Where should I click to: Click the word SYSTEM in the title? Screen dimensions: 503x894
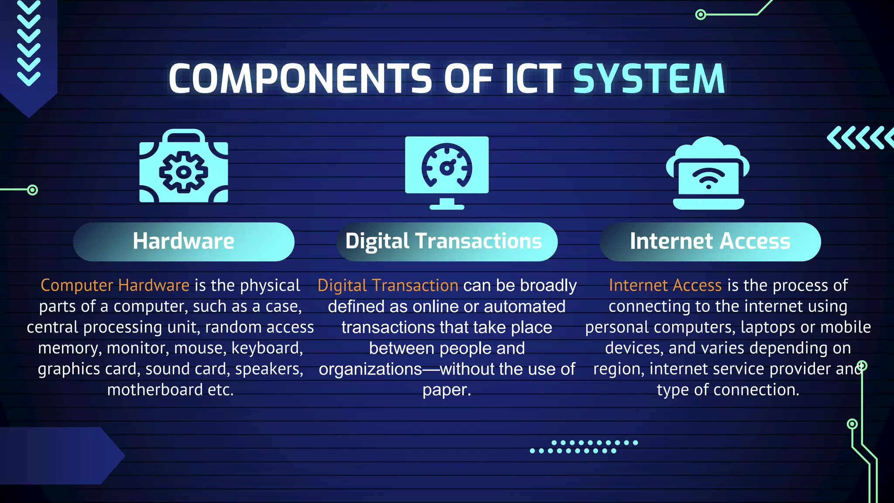[649, 79]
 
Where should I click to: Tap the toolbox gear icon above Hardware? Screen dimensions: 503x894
[184, 166]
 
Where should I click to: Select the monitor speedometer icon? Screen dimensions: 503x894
[447, 172]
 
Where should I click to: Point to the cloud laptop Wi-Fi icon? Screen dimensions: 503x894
[708, 173]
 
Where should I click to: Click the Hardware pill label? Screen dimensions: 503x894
[184, 241]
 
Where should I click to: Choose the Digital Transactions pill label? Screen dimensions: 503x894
[444, 241]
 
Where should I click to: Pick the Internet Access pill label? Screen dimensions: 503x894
[710, 241]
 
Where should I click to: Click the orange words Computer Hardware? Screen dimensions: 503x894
[115, 286]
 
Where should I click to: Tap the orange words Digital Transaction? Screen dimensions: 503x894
[388, 286]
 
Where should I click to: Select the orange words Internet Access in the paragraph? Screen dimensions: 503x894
[665, 286]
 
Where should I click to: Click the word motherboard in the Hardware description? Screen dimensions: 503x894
[155, 390]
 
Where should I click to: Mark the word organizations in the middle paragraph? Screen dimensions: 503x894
[370, 369]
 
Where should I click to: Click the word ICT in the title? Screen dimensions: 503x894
[533, 79]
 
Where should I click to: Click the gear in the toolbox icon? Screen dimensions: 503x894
[183, 172]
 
